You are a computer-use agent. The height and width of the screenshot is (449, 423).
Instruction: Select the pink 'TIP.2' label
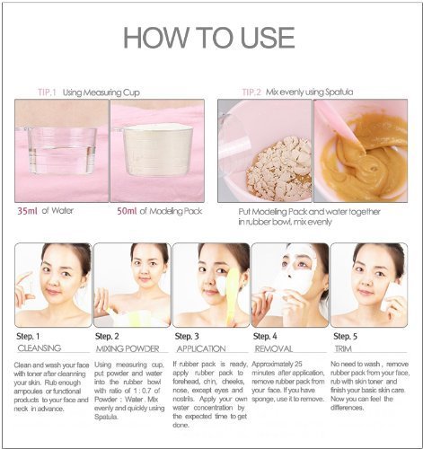click(x=255, y=92)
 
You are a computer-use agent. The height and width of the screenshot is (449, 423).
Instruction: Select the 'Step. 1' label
click(x=30, y=335)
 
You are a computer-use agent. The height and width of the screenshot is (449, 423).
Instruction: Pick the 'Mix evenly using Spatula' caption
click(x=312, y=92)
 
